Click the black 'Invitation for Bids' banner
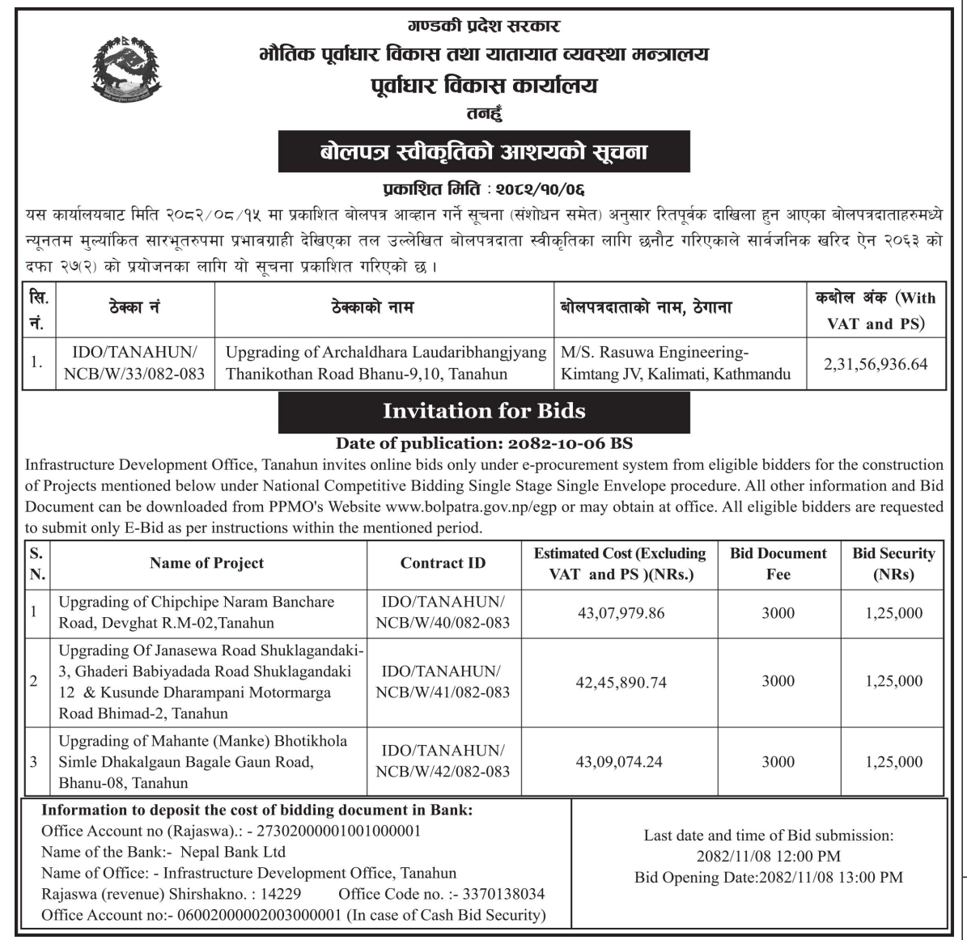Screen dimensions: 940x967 [484, 412]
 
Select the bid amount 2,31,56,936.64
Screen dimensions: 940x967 [876, 364]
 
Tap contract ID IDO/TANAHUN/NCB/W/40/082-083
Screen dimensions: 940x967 [443, 612]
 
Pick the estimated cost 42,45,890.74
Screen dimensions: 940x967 [621, 682]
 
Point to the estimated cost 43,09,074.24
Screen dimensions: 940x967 [619, 762]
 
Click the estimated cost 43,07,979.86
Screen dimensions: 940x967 [621, 613]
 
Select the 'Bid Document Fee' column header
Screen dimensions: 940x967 [778, 564]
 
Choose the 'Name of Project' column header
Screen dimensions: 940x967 [206, 563]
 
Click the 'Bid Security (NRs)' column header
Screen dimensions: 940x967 [893, 564]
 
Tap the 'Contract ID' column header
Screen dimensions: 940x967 [443, 563]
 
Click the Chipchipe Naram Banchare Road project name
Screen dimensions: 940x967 [196, 612]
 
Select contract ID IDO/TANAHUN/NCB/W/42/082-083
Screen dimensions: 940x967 [443, 761]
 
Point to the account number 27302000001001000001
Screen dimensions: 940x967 [339, 831]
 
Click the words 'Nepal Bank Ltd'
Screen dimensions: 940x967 [233, 852]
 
